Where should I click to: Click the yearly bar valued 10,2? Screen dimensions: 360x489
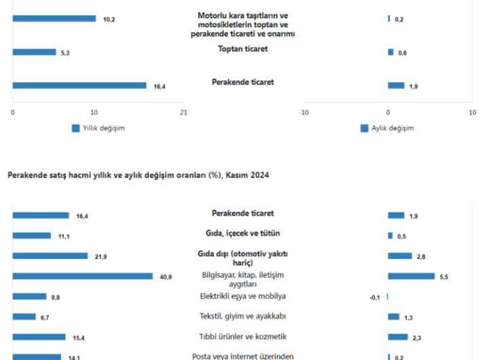(x=54, y=19)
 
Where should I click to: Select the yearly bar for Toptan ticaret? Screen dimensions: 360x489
(x=34, y=52)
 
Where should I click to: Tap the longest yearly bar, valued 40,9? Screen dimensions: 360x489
(x=82, y=276)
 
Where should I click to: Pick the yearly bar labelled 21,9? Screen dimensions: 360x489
(x=50, y=256)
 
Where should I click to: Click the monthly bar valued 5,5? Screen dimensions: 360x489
(x=411, y=276)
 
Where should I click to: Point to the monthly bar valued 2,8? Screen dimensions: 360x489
(x=399, y=256)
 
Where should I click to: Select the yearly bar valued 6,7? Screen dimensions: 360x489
(x=24, y=317)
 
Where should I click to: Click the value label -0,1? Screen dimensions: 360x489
(x=374, y=297)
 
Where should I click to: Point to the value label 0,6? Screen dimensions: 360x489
(x=402, y=52)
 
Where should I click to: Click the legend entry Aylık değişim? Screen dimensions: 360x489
(x=386, y=128)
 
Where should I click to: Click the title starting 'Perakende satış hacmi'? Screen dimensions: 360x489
(x=138, y=175)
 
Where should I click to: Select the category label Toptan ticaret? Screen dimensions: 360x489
(x=242, y=49)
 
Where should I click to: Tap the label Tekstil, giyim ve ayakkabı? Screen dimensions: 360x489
(x=242, y=316)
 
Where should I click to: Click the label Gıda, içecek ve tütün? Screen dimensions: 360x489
(x=242, y=233)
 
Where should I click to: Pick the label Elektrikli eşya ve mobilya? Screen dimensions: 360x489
(x=242, y=296)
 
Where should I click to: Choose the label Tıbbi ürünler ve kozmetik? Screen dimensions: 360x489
(x=242, y=336)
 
